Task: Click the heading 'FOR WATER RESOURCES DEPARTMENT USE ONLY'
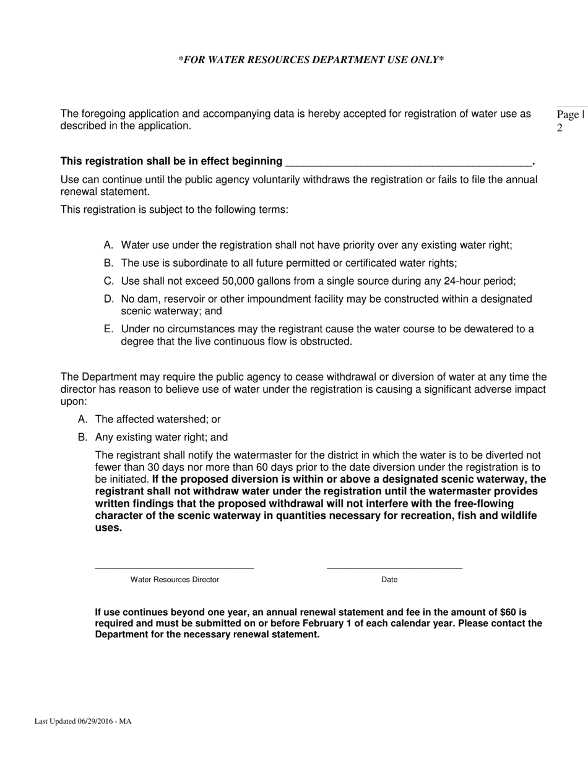[311, 60]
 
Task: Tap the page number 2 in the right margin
[560, 129]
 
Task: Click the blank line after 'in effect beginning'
[409, 162]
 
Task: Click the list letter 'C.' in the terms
[109, 281]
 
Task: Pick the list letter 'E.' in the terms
[109, 329]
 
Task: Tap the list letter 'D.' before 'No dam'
[109, 299]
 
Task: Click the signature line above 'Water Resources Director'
[174, 567]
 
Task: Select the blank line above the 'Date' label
[394, 567]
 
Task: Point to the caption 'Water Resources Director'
[175, 580]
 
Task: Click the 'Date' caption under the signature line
[389, 580]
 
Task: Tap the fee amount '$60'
[508, 612]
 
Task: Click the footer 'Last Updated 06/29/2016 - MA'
[83, 721]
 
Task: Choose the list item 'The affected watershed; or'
[158, 419]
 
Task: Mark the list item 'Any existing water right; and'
[161, 437]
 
